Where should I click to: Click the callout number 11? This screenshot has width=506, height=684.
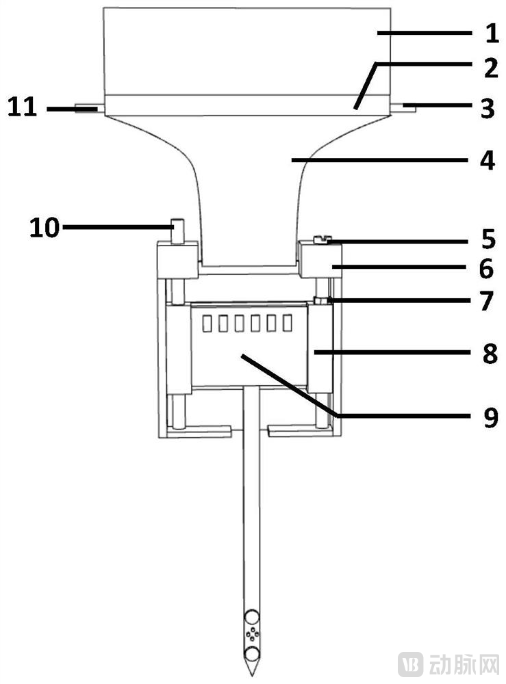pyautogui.click(x=23, y=108)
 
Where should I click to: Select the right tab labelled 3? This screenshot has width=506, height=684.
pyautogui.click(x=405, y=106)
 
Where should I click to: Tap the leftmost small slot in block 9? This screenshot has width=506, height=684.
pyautogui.click(x=208, y=323)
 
